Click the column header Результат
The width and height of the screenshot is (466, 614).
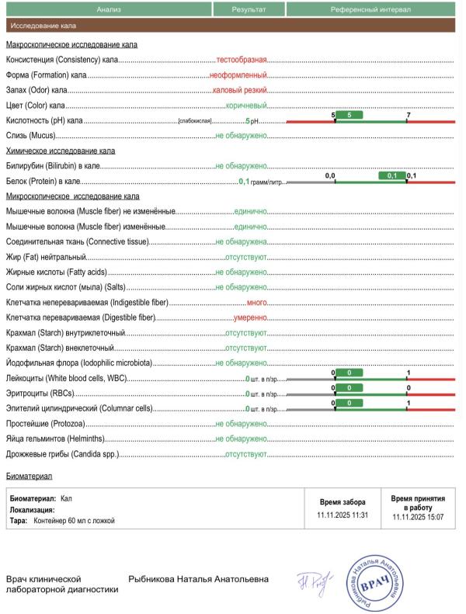[x=249, y=9]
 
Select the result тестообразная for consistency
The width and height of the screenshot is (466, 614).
[x=242, y=59]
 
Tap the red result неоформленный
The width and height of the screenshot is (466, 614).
[x=238, y=75]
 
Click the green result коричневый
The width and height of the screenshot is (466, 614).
[x=246, y=106]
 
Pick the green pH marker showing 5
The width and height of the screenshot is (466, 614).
[x=350, y=115]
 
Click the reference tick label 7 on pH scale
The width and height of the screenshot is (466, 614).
[x=408, y=115]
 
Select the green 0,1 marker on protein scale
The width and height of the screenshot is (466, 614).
[x=392, y=176]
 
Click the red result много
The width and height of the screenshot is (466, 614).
[x=256, y=302]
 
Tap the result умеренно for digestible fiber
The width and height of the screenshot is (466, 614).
[x=250, y=317]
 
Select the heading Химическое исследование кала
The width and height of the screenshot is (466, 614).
[x=60, y=151]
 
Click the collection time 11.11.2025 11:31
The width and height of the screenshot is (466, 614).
[x=343, y=515]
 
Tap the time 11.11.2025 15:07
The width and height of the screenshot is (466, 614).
[x=418, y=516]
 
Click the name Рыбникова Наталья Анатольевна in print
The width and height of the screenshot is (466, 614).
[x=199, y=579]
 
